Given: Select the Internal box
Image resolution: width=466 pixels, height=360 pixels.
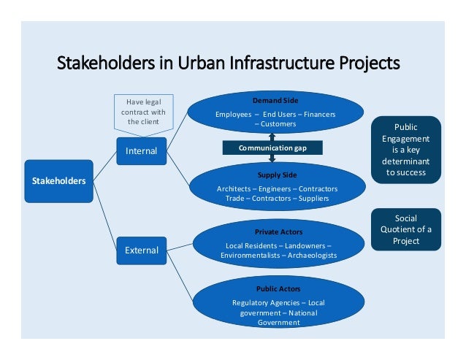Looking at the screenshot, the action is click(x=142, y=151).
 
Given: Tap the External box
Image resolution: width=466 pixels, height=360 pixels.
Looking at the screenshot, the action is click(x=142, y=250).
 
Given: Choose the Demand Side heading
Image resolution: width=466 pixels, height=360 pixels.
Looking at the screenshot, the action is click(x=275, y=100).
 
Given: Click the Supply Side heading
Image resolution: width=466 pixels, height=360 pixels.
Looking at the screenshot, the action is click(x=277, y=175).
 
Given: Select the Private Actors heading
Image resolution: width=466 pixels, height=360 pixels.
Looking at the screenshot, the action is click(x=278, y=232).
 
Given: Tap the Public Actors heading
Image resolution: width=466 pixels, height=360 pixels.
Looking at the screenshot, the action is click(x=278, y=289).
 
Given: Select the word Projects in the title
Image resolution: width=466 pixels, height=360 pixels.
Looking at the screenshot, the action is click(x=364, y=64).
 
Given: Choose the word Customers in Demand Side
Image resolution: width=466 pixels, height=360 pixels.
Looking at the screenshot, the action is click(x=278, y=124).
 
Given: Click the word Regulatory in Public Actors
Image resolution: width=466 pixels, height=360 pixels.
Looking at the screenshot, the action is click(x=251, y=302).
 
